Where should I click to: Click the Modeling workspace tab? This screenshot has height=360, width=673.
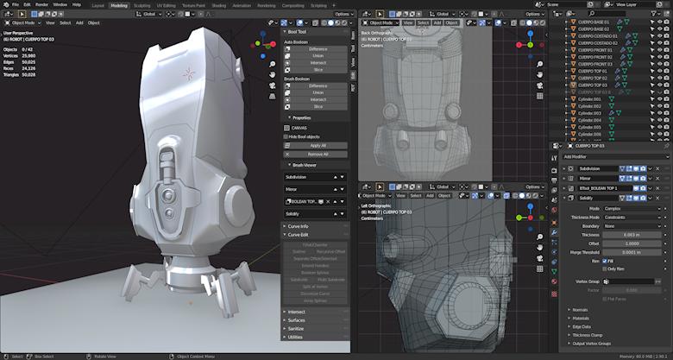(x=119, y=4)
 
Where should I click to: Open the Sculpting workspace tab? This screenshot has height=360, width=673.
(x=142, y=4)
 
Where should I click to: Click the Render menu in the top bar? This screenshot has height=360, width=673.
(x=41, y=4)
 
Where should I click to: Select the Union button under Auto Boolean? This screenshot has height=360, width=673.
(x=318, y=56)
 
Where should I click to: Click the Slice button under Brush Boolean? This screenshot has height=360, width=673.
(x=318, y=106)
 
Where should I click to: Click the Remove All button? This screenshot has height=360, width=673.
(x=318, y=153)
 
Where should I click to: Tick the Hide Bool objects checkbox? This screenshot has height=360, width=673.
(x=286, y=136)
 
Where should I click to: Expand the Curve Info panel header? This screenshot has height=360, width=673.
(x=298, y=226)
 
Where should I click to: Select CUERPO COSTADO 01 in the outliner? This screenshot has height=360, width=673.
(x=597, y=35)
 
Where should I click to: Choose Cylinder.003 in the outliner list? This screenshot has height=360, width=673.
(x=589, y=113)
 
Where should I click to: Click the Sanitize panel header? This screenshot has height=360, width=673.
(x=297, y=329)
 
